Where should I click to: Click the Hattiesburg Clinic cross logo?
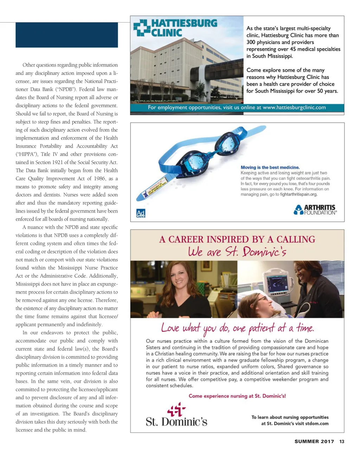[141, 28]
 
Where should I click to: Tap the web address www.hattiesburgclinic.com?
[294, 108]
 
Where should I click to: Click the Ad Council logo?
[141, 213]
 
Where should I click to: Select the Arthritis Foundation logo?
[315, 210]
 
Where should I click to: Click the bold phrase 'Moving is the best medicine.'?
[270, 168]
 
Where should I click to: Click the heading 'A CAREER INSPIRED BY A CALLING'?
[237, 239]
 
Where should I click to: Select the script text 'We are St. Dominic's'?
[237, 252]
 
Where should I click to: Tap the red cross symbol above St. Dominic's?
[176, 409]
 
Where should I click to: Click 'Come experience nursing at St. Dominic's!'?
[237, 396]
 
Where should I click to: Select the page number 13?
[342, 442]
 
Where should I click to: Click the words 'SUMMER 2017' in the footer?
[314, 442]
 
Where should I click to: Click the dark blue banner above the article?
[67, 35]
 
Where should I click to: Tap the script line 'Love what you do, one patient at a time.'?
[237, 329]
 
